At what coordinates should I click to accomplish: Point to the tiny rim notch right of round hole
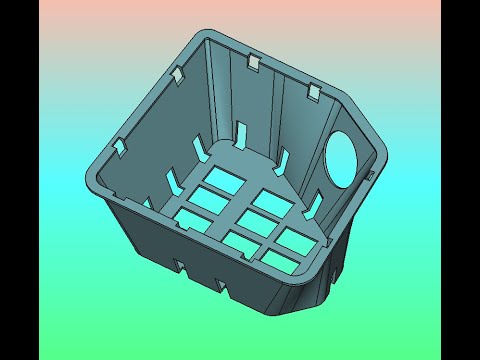pos(371,176)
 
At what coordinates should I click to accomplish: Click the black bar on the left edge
pos(20,180)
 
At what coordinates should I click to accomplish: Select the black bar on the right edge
pos(460,180)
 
